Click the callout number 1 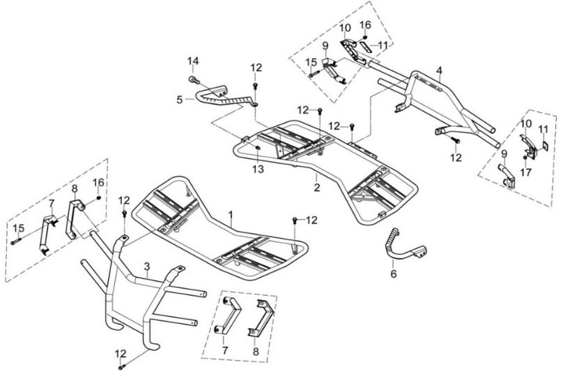click(x=230, y=214)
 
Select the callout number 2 click(x=316, y=189)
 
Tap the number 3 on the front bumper click(x=146, y=268)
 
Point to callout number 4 click(x=439, y=70)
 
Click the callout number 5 click(x=179, y=99)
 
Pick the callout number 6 click(x=393, y=274)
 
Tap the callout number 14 click(x=193, y=60)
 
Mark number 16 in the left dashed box click(x=99, y=182)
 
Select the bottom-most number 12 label click(x=121, y=353)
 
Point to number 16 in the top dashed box click(x=366, y=26)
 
